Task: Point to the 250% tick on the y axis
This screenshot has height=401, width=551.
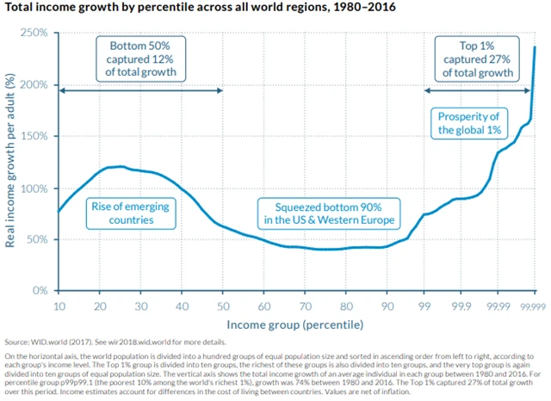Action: tap(34, 34)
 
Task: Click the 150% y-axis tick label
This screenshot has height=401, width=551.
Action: tap(34, 136)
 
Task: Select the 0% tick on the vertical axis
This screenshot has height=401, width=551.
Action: tap(39, 291)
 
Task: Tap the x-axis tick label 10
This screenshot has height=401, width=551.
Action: tap(59, 305)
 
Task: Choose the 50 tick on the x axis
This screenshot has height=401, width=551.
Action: tap(223, 305)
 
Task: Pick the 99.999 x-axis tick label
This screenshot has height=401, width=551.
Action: tap(535, 305)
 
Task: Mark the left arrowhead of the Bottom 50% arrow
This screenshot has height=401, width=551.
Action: tap(60, 90)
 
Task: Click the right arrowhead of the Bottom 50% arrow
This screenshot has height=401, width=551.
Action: tap(221, 90)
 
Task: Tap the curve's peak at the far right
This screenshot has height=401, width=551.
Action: tap(535, 46)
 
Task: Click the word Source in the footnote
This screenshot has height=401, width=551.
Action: tap(18, 342)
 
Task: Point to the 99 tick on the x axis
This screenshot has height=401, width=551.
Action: tap(424, 305)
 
